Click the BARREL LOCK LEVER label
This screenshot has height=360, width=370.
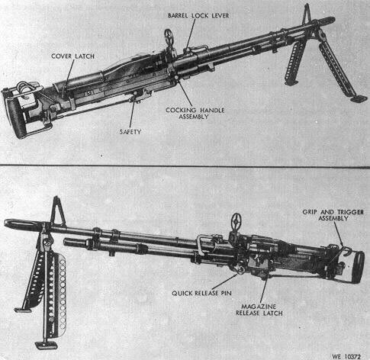pyautogui.click(x=198, y=15)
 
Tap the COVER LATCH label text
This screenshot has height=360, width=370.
pyautogui.click(x=72, y=56)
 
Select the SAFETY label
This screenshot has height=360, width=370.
pyautogui.click(x=130, y=132)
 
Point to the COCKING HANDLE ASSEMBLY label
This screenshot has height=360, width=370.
pyautogui.click(x=195, y=114)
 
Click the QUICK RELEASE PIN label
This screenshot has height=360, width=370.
pyautogui.click(x=201, y=293)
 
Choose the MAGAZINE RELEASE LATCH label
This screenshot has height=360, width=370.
pyautogui.click(x=259, y=310)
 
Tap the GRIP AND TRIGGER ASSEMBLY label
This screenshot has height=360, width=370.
pyautogui.click(x=333, y=215)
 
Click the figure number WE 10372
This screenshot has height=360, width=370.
pyautogui.click(x=346, y=356)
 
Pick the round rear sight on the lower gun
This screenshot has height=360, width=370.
pyautogui.click(x=236, y=221)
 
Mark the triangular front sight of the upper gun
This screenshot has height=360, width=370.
pyautogui.click(x=307, y=14)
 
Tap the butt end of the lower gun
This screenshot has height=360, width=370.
pyautogui.click(x=357, y=266)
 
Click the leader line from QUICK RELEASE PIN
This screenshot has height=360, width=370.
pyautogui.click(x=224, y=281)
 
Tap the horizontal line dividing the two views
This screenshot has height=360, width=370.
pyautogui.click(x=185, y=166)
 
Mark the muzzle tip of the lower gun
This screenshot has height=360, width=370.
pyautogui.click(x=5, y=223)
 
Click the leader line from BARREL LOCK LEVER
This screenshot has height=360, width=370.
pyautogui.click(x=191, y=34)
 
